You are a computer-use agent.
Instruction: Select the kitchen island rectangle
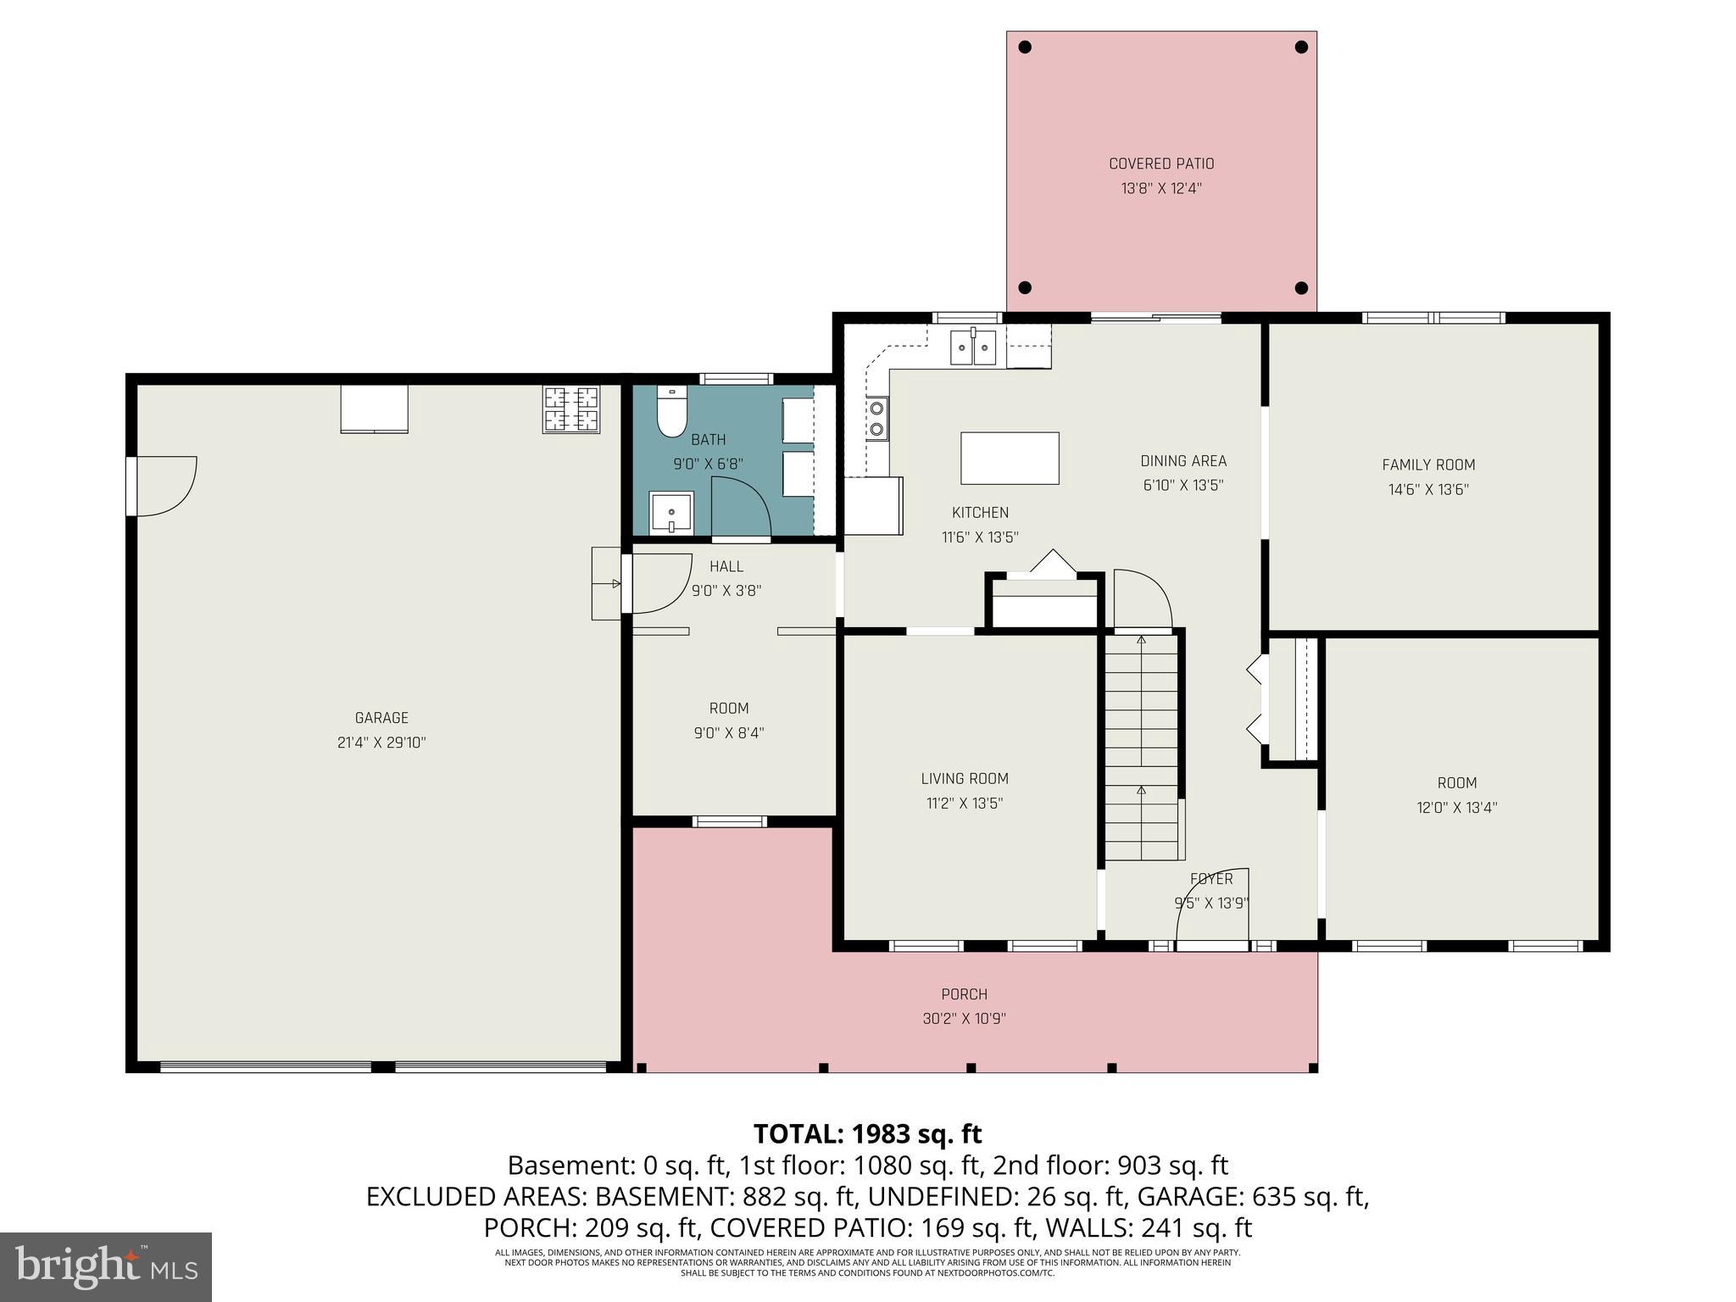coord(1010,458)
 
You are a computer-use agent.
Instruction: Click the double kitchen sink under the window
coord(972,348)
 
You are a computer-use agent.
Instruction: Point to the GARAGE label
coord(381,718)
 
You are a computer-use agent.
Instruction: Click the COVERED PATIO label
coord(1161,164)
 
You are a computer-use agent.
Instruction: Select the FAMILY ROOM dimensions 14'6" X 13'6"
coord(1428,489)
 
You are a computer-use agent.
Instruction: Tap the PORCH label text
coord(964,994)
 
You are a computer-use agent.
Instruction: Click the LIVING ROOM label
coord(965,778)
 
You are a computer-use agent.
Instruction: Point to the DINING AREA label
coord(1183,461)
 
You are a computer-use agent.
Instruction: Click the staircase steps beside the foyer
coord(1142,746)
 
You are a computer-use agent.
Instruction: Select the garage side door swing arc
coord(170,487)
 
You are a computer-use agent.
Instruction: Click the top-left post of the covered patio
coord(1025,47)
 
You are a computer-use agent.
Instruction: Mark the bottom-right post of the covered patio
coord(1302,288)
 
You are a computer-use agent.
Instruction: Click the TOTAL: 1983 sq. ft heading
coord(867,1133)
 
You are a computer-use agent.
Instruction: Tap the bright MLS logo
coord(106,1266)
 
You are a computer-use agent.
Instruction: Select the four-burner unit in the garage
coord(571,409)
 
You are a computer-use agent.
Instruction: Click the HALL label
coord(726,566)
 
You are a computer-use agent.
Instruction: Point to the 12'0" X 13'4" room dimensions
coord(1456,808)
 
